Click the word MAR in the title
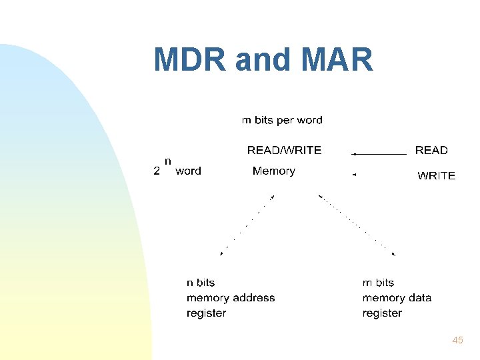337,60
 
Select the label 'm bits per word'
281,121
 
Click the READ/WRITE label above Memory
284,150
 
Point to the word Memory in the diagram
273,171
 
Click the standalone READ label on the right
431,150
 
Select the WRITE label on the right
436,176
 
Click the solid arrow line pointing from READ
380,154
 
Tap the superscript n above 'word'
168,161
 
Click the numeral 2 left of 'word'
157,171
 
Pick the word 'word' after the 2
188,171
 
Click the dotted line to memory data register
357,225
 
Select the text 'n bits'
201,283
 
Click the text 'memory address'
231,298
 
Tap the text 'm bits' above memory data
378,283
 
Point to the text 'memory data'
397,298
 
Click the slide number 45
457,340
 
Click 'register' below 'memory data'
382,313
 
